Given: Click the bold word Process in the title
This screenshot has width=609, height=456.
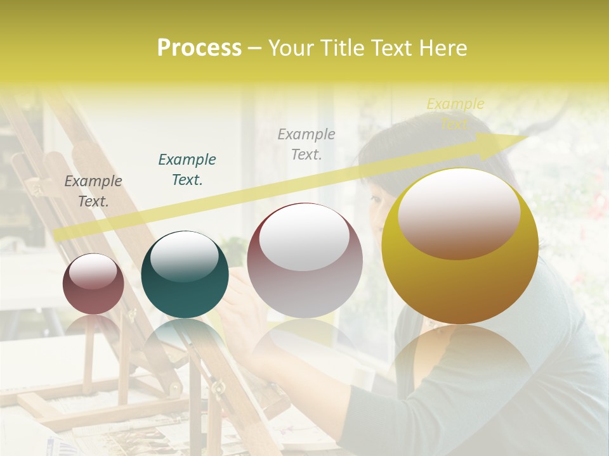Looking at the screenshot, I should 199,48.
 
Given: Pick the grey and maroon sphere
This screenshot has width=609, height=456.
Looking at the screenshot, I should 304,285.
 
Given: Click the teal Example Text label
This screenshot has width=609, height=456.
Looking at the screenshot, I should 187,170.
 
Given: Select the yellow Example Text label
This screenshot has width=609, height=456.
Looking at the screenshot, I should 455,113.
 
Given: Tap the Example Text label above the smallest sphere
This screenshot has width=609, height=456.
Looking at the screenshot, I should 93,191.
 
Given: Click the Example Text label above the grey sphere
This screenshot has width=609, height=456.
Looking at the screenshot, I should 306,144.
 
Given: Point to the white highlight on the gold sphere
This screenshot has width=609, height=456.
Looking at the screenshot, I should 459,212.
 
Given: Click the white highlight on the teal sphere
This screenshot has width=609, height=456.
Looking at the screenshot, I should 185,256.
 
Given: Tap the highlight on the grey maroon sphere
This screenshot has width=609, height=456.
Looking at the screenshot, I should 304,237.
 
